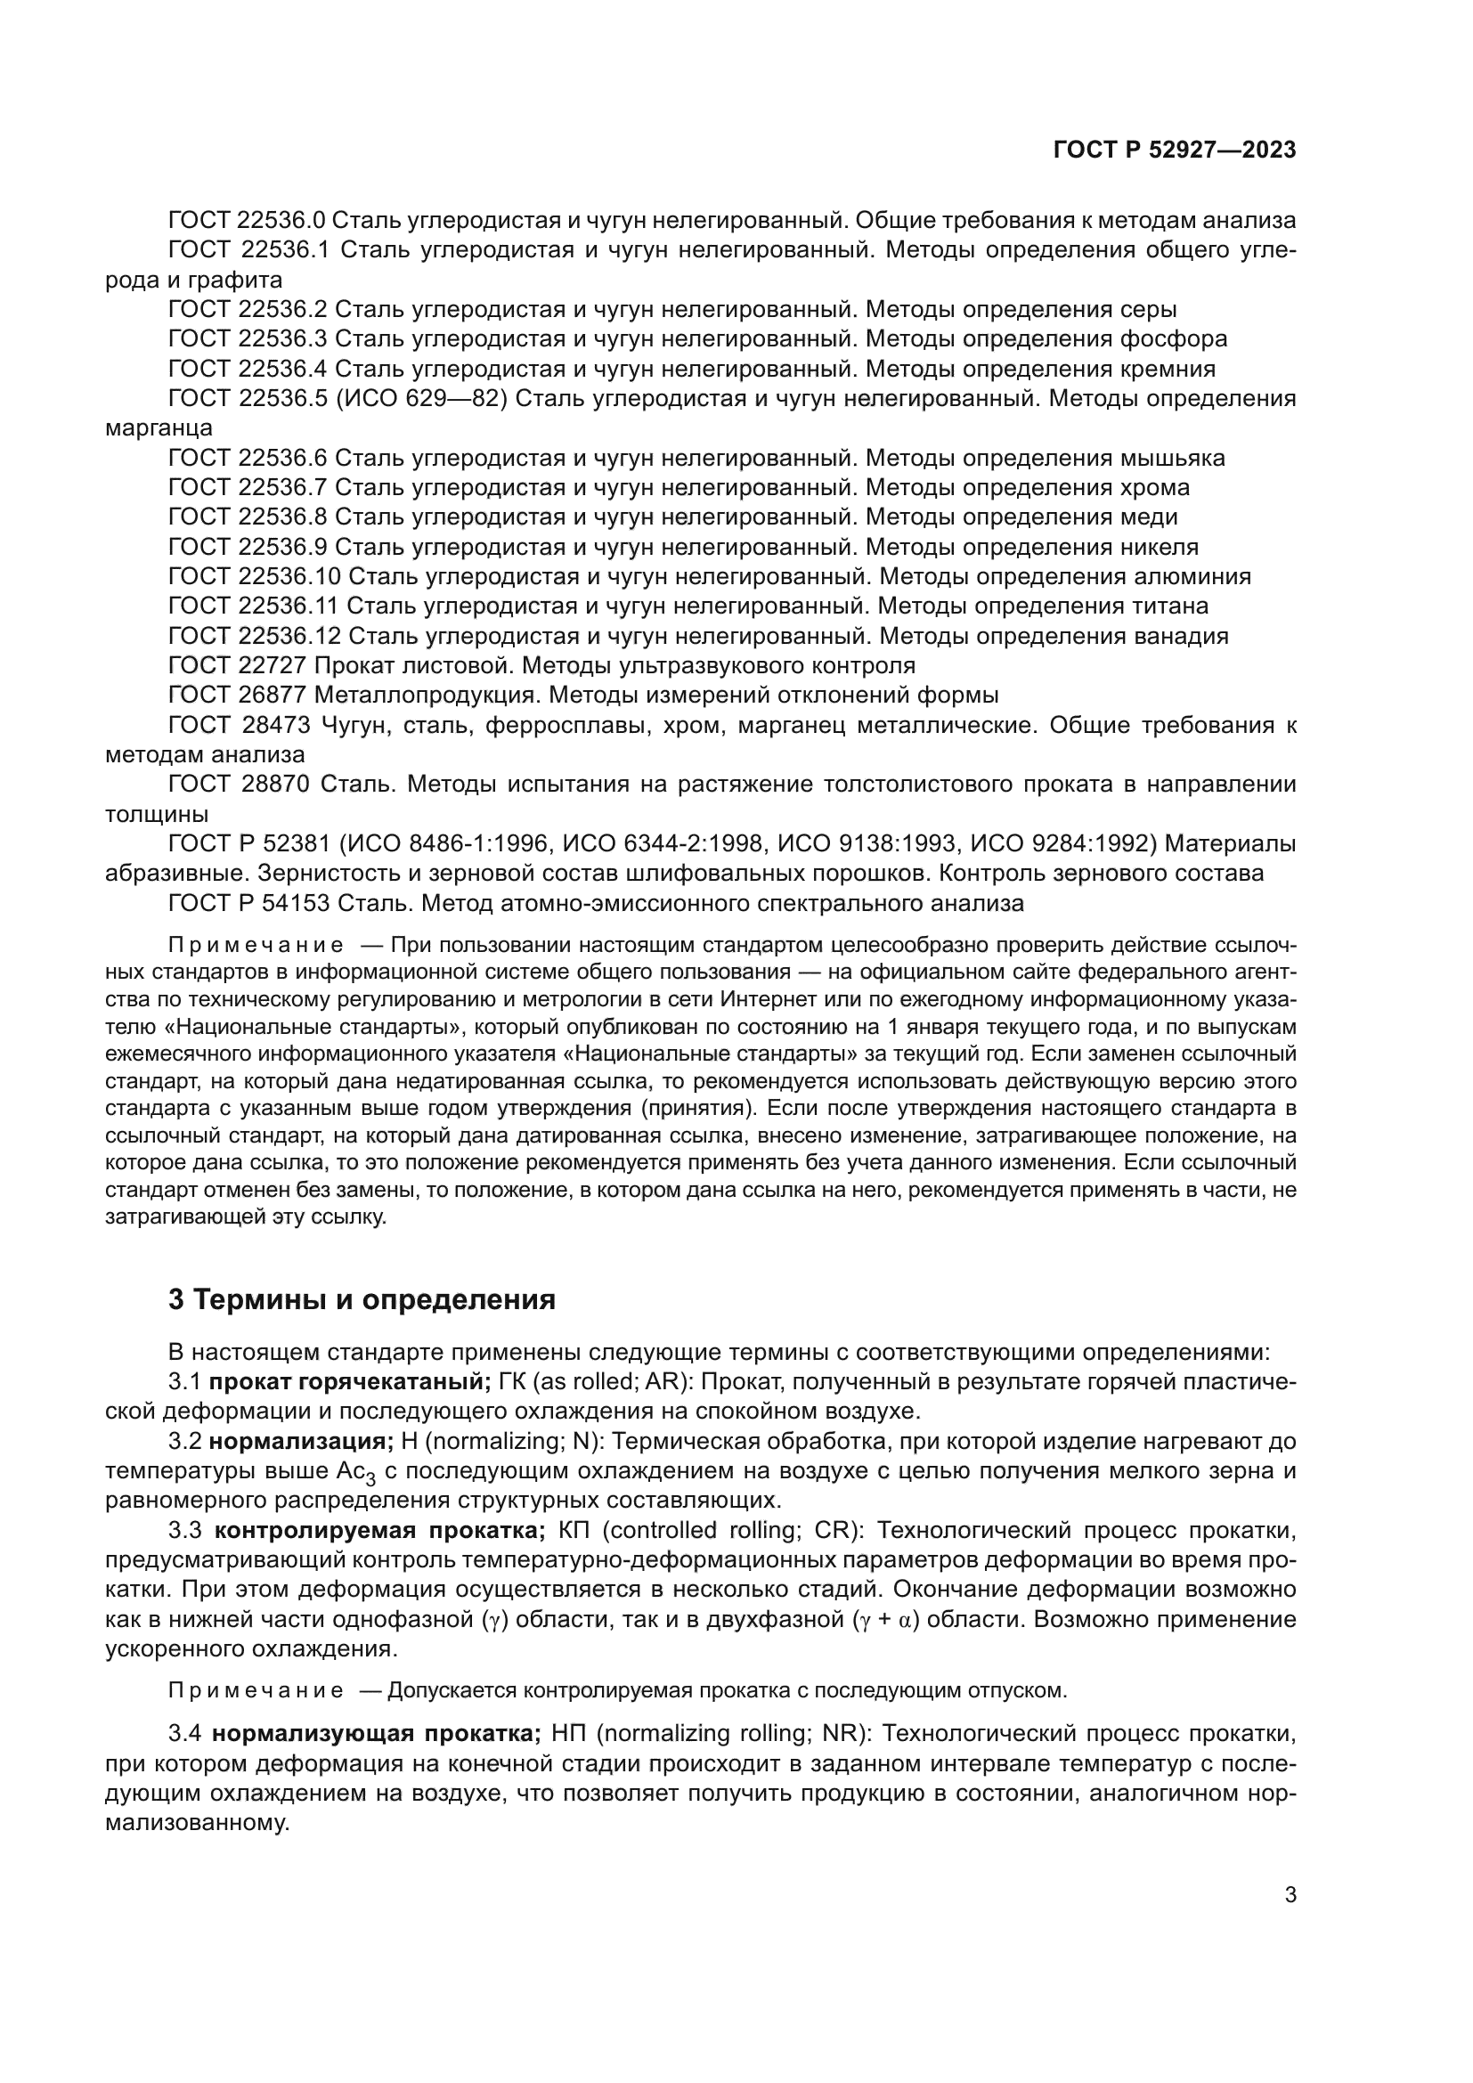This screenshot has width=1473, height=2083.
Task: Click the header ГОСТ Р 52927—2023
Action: tap(1174, 151)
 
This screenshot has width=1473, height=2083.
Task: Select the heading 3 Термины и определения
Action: tap(362, 1300)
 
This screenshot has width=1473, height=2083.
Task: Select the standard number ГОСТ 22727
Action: tap(240, 666)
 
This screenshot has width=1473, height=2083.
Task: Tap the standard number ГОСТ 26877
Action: tap(240, 696)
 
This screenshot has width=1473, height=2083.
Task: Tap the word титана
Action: tap(1171, 606)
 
